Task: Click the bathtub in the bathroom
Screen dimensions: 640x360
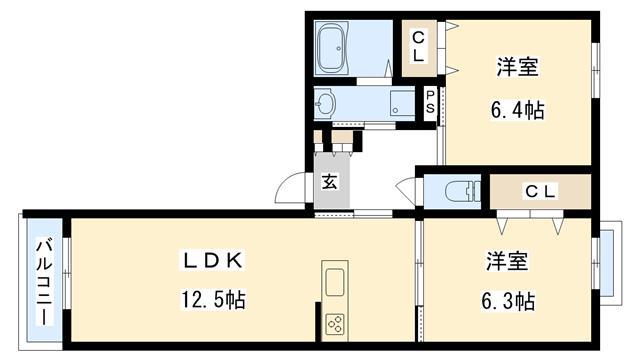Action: click(332, 48)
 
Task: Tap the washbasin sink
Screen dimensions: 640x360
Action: click(325, 104)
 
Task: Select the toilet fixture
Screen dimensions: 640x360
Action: click(462, 191)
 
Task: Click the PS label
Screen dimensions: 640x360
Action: click(430, 102)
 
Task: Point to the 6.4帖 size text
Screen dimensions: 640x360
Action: click(518, 110)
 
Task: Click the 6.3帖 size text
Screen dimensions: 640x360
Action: click(508, 302)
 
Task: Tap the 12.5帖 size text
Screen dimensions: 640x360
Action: click(213, 300)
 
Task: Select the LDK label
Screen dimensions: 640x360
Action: click(213, 260)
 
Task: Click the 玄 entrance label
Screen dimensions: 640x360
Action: click(329, 181)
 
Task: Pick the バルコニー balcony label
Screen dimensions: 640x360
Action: click(44, 281)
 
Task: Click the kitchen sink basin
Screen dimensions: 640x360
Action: click(335, 282)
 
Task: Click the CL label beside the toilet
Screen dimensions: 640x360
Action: click(540, 191)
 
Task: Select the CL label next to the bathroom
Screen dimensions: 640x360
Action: click(418, 47)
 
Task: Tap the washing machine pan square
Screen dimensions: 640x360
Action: click(402, 102)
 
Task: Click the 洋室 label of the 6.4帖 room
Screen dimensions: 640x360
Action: click(518, 67)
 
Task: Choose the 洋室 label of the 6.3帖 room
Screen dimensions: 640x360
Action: click(507, 261)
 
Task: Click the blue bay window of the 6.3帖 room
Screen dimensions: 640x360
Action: click(607, 263)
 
